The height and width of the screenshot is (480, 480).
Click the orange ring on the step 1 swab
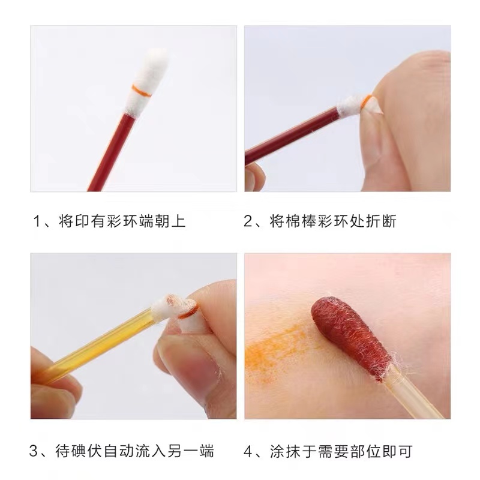[142, 91]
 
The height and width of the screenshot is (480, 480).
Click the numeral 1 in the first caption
[37, 221]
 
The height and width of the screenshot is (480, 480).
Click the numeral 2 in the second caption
[247, 221]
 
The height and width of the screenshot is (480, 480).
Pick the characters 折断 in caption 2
[381, 221]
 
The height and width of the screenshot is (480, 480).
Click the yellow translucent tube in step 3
[98, 343]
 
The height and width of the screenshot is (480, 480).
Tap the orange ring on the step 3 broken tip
[187, 313]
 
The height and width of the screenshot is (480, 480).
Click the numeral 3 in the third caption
[33, 452]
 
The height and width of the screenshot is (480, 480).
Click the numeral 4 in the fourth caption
[247, 452]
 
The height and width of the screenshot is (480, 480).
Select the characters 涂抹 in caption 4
[285, 452]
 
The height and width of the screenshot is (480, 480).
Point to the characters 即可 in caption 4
[397, 452]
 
